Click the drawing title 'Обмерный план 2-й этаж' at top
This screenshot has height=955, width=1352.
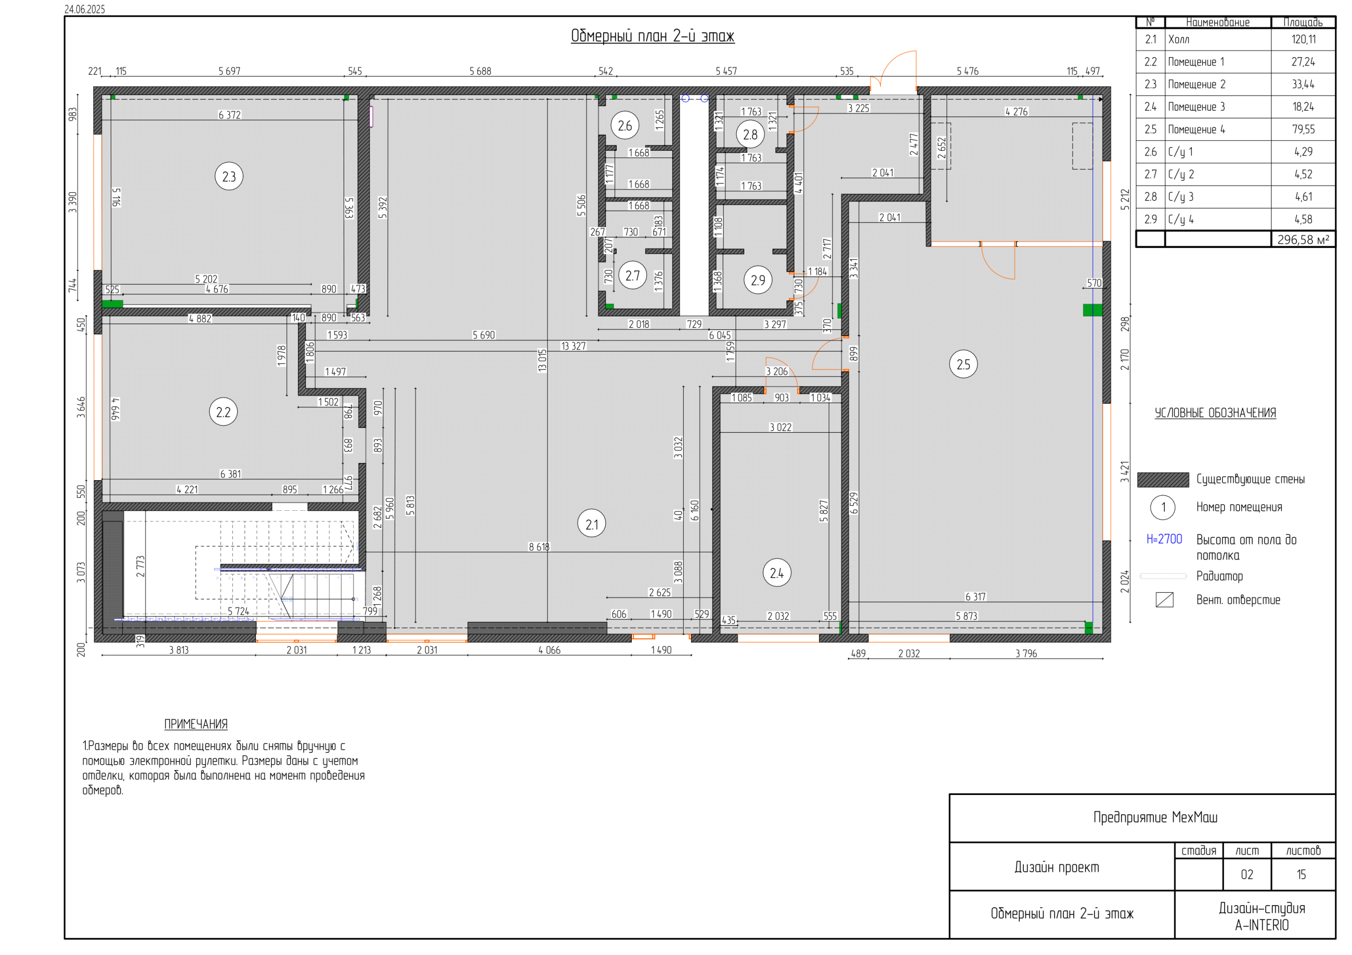(x=653, y=36)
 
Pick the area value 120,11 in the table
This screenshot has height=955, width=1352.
(x=1304, y=39)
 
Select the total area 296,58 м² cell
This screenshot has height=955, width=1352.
(x=1303, y=240)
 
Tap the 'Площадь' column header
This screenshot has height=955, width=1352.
(x=1303, y=22)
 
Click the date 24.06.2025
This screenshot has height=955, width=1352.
(x=85, y=9)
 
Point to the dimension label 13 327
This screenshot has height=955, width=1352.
(x=574, y=346)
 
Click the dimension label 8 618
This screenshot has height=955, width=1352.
(x=539, y=547)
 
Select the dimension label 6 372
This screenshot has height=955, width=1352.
(x=230, y=115)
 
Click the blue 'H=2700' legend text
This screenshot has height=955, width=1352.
(x=1164, y=539)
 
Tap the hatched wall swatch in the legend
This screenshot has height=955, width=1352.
(x=1163, y=480)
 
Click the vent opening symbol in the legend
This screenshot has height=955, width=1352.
(x=1164, y=600)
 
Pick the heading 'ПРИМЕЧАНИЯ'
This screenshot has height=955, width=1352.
(x=196, y=724)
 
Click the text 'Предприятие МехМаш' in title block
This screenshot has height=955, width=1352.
(x=1155, y=817)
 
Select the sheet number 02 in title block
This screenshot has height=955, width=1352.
(x=1246, y=874)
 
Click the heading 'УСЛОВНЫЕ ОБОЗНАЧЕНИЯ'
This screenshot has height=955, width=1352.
(x=1215, y=413)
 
